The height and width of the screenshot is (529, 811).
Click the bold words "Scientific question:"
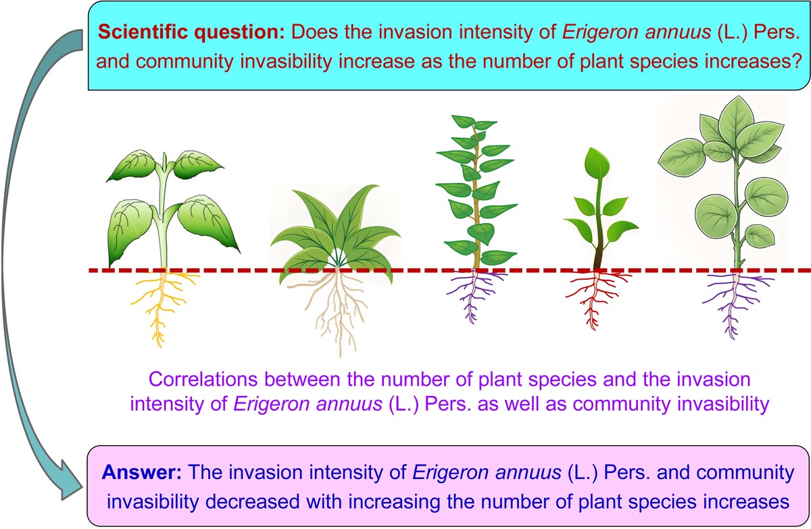(x=191, y=32)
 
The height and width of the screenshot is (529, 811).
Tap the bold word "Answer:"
(x=142, y=472)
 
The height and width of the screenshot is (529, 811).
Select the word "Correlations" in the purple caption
(x=203, y=380)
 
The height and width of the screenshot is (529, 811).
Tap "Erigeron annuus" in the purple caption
(x=308, y=404)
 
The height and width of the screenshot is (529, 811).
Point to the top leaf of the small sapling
(x=597, y=162)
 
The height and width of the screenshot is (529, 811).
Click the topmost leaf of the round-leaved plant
(x=736, y=116)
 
